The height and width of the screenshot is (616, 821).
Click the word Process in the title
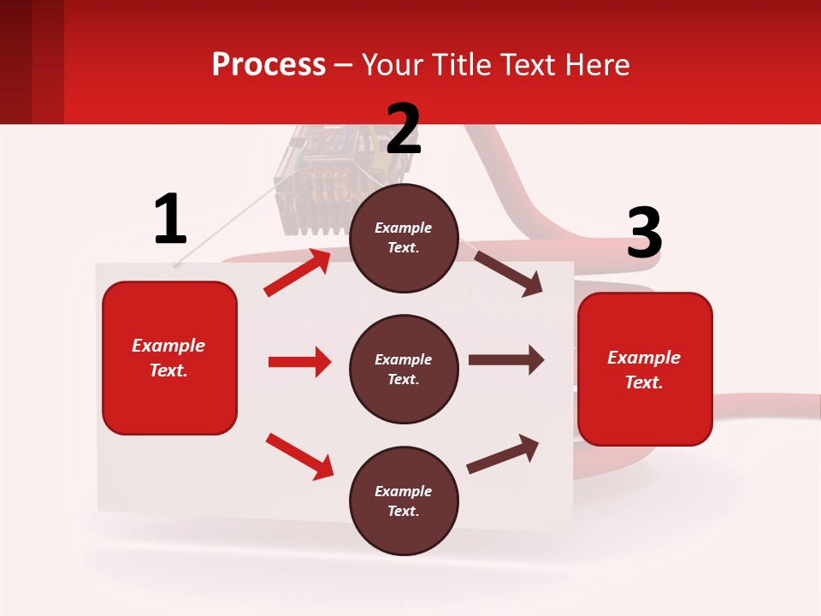click(x=269, y=65)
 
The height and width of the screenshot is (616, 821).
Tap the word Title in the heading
click(x=458, y=65)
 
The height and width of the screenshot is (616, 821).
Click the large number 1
click(x=170, y=220)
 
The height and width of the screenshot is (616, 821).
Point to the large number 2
click(x=404, y=130)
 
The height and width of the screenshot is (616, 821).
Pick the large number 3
click(x=644, y=234)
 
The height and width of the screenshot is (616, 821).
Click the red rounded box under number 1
click(x=169, y=358)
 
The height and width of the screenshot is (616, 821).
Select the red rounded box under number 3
click(x=645, y=370)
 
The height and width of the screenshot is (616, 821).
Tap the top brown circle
click(x=404, y=238)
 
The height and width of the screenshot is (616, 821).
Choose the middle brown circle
click(x=404, y=370)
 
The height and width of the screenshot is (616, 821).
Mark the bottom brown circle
click(x=404, y=501)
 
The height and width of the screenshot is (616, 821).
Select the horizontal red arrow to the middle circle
click(x=299, y=362)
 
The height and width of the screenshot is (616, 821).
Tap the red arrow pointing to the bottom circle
click(x=299, y=456)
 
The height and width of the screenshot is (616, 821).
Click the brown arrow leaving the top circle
click(x=508, y=273)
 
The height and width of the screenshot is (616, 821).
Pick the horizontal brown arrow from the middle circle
click(x=506, y=360)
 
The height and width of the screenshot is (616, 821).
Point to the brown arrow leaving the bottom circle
click(x=503, y=454)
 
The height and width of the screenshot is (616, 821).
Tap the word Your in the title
click(x=390, y=65)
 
